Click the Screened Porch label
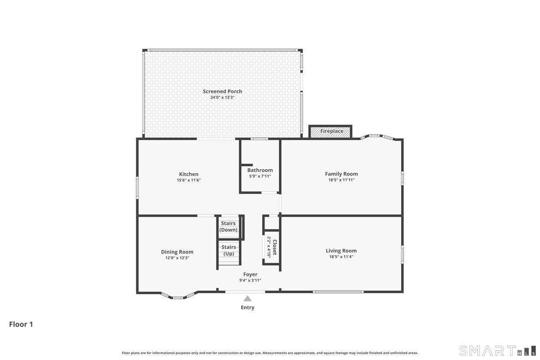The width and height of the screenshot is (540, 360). point(222,91)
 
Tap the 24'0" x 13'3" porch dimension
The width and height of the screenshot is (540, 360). point(222,97)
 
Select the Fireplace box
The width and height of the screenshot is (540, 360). point(330,132)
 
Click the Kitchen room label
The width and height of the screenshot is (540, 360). point(189,174)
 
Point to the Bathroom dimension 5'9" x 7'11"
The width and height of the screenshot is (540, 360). point(260,176)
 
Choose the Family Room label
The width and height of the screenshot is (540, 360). point(342,174)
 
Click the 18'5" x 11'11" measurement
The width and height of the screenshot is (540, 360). point(342,180)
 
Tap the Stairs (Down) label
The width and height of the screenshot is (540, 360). point(228,226)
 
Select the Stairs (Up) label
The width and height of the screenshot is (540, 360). point(229,250)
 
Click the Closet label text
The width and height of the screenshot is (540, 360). point(274,247)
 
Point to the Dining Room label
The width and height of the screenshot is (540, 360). point(177,252)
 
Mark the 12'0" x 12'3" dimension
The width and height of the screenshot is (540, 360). point(177,258)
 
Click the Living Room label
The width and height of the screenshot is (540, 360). point(341,251)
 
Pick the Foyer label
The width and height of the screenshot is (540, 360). point(250,274)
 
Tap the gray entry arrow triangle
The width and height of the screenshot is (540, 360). point(247,299)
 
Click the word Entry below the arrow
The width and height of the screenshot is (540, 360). point(247,307)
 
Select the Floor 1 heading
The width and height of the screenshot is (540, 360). point(21,324)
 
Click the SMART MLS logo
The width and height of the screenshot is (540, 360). point(497,351)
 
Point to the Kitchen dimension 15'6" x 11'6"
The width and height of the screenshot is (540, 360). point(189,180)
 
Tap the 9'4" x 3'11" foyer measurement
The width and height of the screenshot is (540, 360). point(250,280)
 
